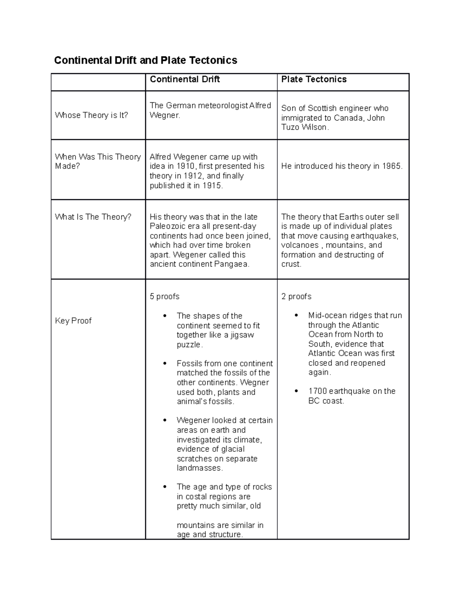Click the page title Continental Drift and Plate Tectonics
point(146,60)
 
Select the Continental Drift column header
point(185,79)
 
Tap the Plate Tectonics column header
point(314,79)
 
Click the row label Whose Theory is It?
point(92,115)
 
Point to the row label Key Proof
point(73,321)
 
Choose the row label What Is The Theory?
point(93,217)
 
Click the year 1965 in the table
point(391,166)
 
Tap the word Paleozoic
point(167,226)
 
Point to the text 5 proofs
point(164,297)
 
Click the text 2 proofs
point(296,297)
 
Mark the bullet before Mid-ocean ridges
point(296,315)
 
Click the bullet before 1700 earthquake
point(296,391)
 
